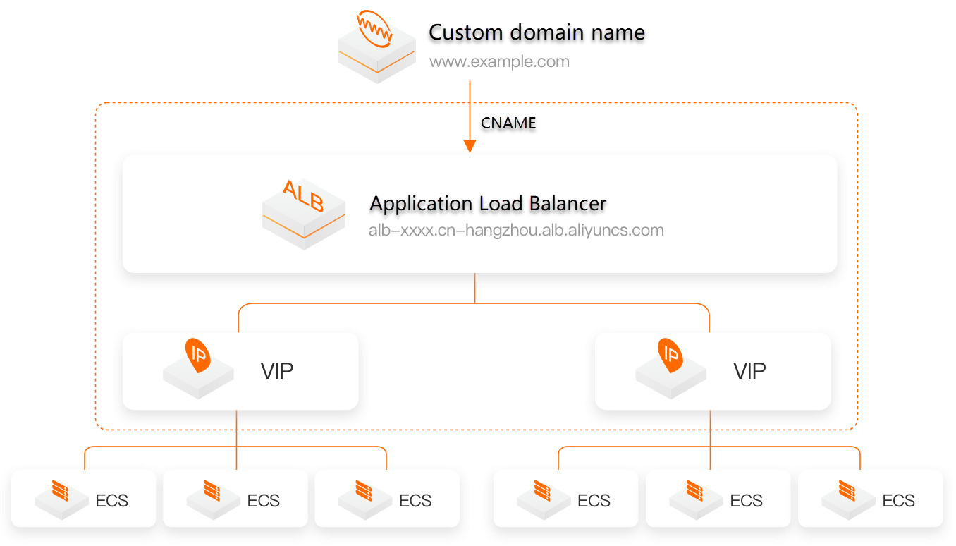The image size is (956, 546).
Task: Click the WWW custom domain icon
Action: click(x=376, y=46)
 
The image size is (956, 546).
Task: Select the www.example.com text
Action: click(x=499, y=61)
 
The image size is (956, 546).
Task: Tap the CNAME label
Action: click(x=508, y=123)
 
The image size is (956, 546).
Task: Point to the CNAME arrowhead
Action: click(x=470, y=146)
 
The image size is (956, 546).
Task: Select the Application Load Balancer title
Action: click(x=488, y=204)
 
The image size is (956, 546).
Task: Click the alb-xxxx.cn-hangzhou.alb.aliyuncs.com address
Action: click(x=516, y=230)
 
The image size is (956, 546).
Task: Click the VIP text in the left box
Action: click(x=277, y=371)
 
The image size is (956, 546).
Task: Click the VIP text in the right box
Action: click(x=749, y=371)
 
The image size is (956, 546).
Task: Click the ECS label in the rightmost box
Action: click(x=898, y=501)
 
